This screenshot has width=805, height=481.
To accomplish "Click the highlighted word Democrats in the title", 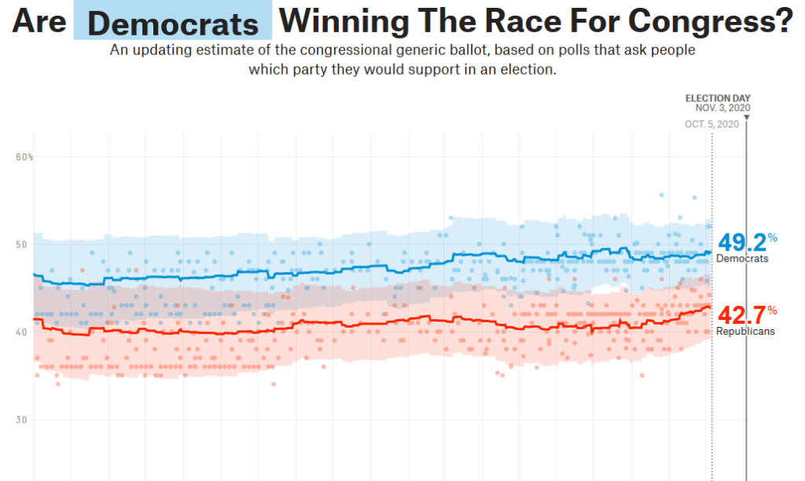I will [x=173, y=24].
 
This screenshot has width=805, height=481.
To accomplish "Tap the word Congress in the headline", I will [x=708, y=21].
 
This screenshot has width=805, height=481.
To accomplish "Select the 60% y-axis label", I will [x=24, y=157].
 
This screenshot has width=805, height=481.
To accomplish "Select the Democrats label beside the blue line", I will [x=742, y=259].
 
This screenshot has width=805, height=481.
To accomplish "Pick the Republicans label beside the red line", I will [x=745, y=332].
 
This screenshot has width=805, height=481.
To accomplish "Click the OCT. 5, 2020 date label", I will [x=711, y=124].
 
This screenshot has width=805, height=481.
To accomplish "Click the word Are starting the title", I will [x=39, y=21].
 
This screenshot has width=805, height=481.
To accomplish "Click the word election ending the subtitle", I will [x=528, y=69].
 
